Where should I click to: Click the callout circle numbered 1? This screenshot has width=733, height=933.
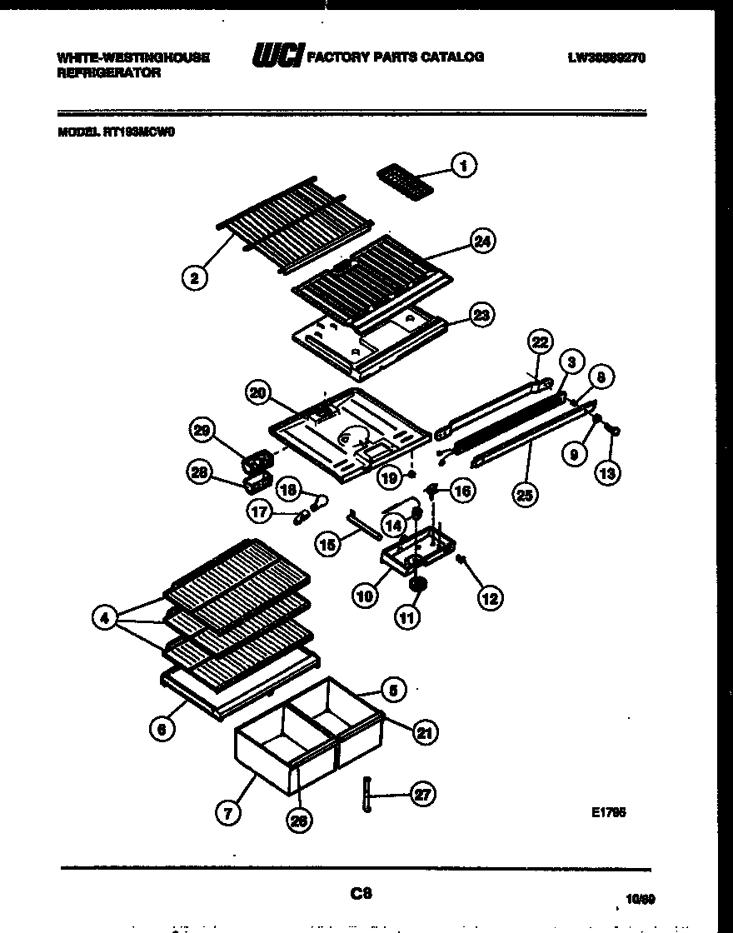[464, 166]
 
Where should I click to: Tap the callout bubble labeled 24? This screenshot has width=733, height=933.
[481, 242]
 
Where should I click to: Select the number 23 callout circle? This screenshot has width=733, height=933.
[481, 315]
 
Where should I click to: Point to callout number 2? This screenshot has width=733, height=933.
[194, 278]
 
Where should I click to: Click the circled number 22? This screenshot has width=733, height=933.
[540, 343]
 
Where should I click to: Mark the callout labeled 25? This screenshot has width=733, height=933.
[526, 494]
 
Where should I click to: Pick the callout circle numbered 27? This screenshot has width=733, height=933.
[422, 795]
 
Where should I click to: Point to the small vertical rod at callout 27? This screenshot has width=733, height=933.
[366, 796]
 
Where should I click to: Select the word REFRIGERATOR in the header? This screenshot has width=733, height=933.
[108, 72]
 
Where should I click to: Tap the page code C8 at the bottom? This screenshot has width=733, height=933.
[360, 893]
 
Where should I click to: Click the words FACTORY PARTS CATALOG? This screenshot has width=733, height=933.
[396, 57]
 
